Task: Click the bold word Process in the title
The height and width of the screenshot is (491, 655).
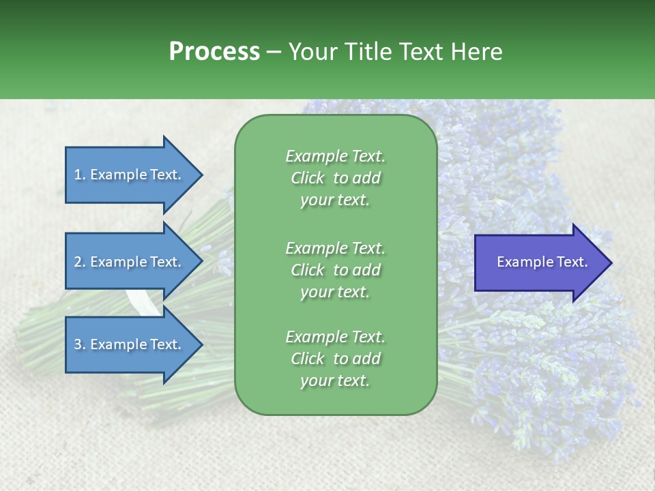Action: pos(214,52)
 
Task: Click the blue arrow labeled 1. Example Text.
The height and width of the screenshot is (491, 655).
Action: pos(130,175)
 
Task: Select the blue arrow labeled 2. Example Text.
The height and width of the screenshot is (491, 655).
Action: pos(130,262)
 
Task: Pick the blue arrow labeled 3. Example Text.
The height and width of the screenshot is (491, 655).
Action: pos(130,344)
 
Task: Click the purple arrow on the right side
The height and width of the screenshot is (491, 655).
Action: pos(539,262)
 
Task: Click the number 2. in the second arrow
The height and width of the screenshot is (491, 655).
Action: pos(80,262)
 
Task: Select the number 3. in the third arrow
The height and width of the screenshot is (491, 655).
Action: pos(80,344)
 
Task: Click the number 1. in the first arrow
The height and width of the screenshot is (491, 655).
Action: pos(79,175)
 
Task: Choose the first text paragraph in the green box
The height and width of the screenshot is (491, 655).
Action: pos(335,178)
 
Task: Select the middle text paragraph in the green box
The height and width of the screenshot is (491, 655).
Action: pos(335,269)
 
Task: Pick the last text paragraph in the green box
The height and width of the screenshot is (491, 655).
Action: pos(335,359)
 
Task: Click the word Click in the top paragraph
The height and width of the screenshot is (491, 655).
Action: pos(307,178)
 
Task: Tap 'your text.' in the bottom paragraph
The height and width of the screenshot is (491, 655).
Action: pos(335,381)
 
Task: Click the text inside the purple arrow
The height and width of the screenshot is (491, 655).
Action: pos(542,262)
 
